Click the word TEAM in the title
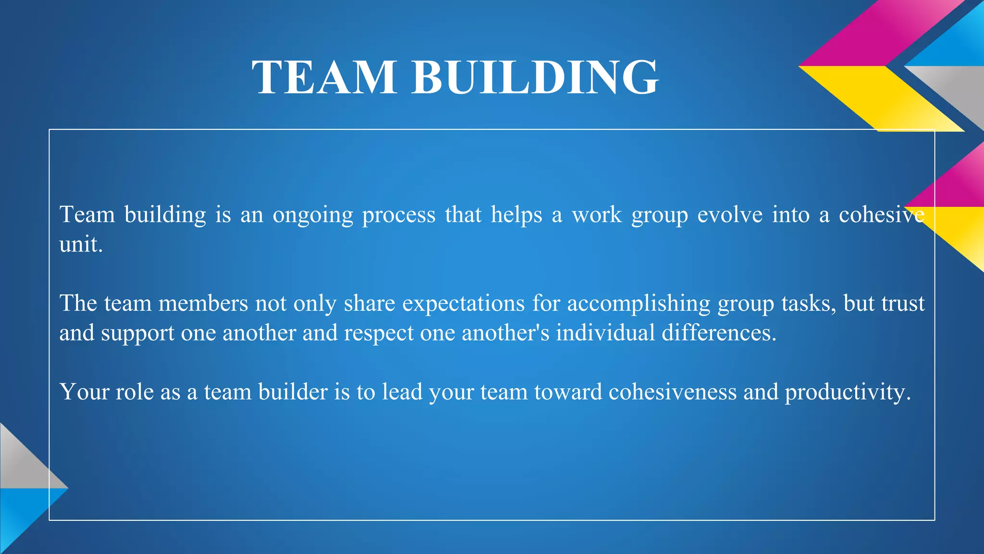click(x=324, y=77)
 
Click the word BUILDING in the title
click(x=535, y=77)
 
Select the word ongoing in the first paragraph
click(x=313, y=215)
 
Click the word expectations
click(x=463, y=303)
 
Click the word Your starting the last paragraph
click(x=84, y=392)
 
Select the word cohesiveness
click(x=672, y=392)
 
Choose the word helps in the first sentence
click(x=516, y=215)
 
